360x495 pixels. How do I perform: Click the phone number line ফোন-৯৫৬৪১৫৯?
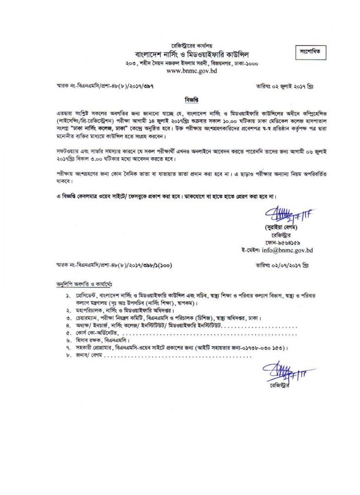pos(285,242)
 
